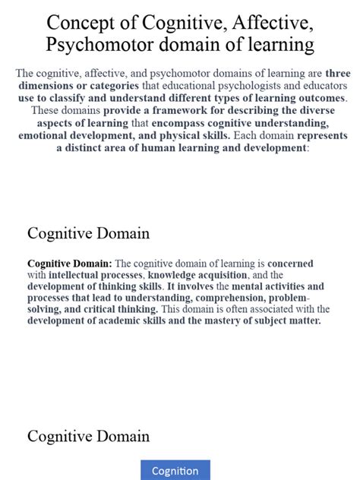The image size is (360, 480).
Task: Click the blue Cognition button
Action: click(x=175, y=471)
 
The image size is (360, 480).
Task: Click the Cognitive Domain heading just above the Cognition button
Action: click(x=88, y=436)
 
